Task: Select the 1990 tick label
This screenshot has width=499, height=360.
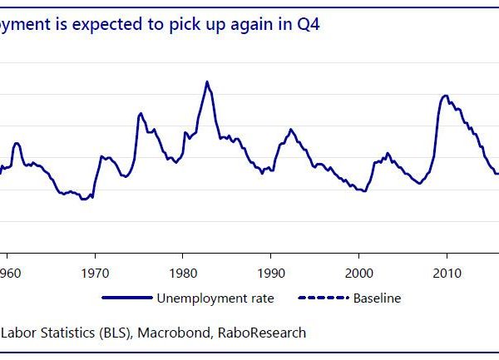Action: point(271,272)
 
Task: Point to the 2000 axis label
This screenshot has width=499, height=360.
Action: point(359,272)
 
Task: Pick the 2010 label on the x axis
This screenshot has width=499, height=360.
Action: point(447,272)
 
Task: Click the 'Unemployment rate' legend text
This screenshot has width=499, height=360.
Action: point(215,298)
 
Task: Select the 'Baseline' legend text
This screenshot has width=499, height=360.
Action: point(378,298)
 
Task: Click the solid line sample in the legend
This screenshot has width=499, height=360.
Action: point(126,298)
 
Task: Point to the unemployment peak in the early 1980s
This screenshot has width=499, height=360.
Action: point(207,81)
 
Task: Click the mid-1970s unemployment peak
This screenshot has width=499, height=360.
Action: point(141,112)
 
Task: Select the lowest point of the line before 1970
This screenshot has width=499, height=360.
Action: point(83,200)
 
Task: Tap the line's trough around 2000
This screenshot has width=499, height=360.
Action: point(363,190)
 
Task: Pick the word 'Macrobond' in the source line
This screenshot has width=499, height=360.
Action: point(185,333)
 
